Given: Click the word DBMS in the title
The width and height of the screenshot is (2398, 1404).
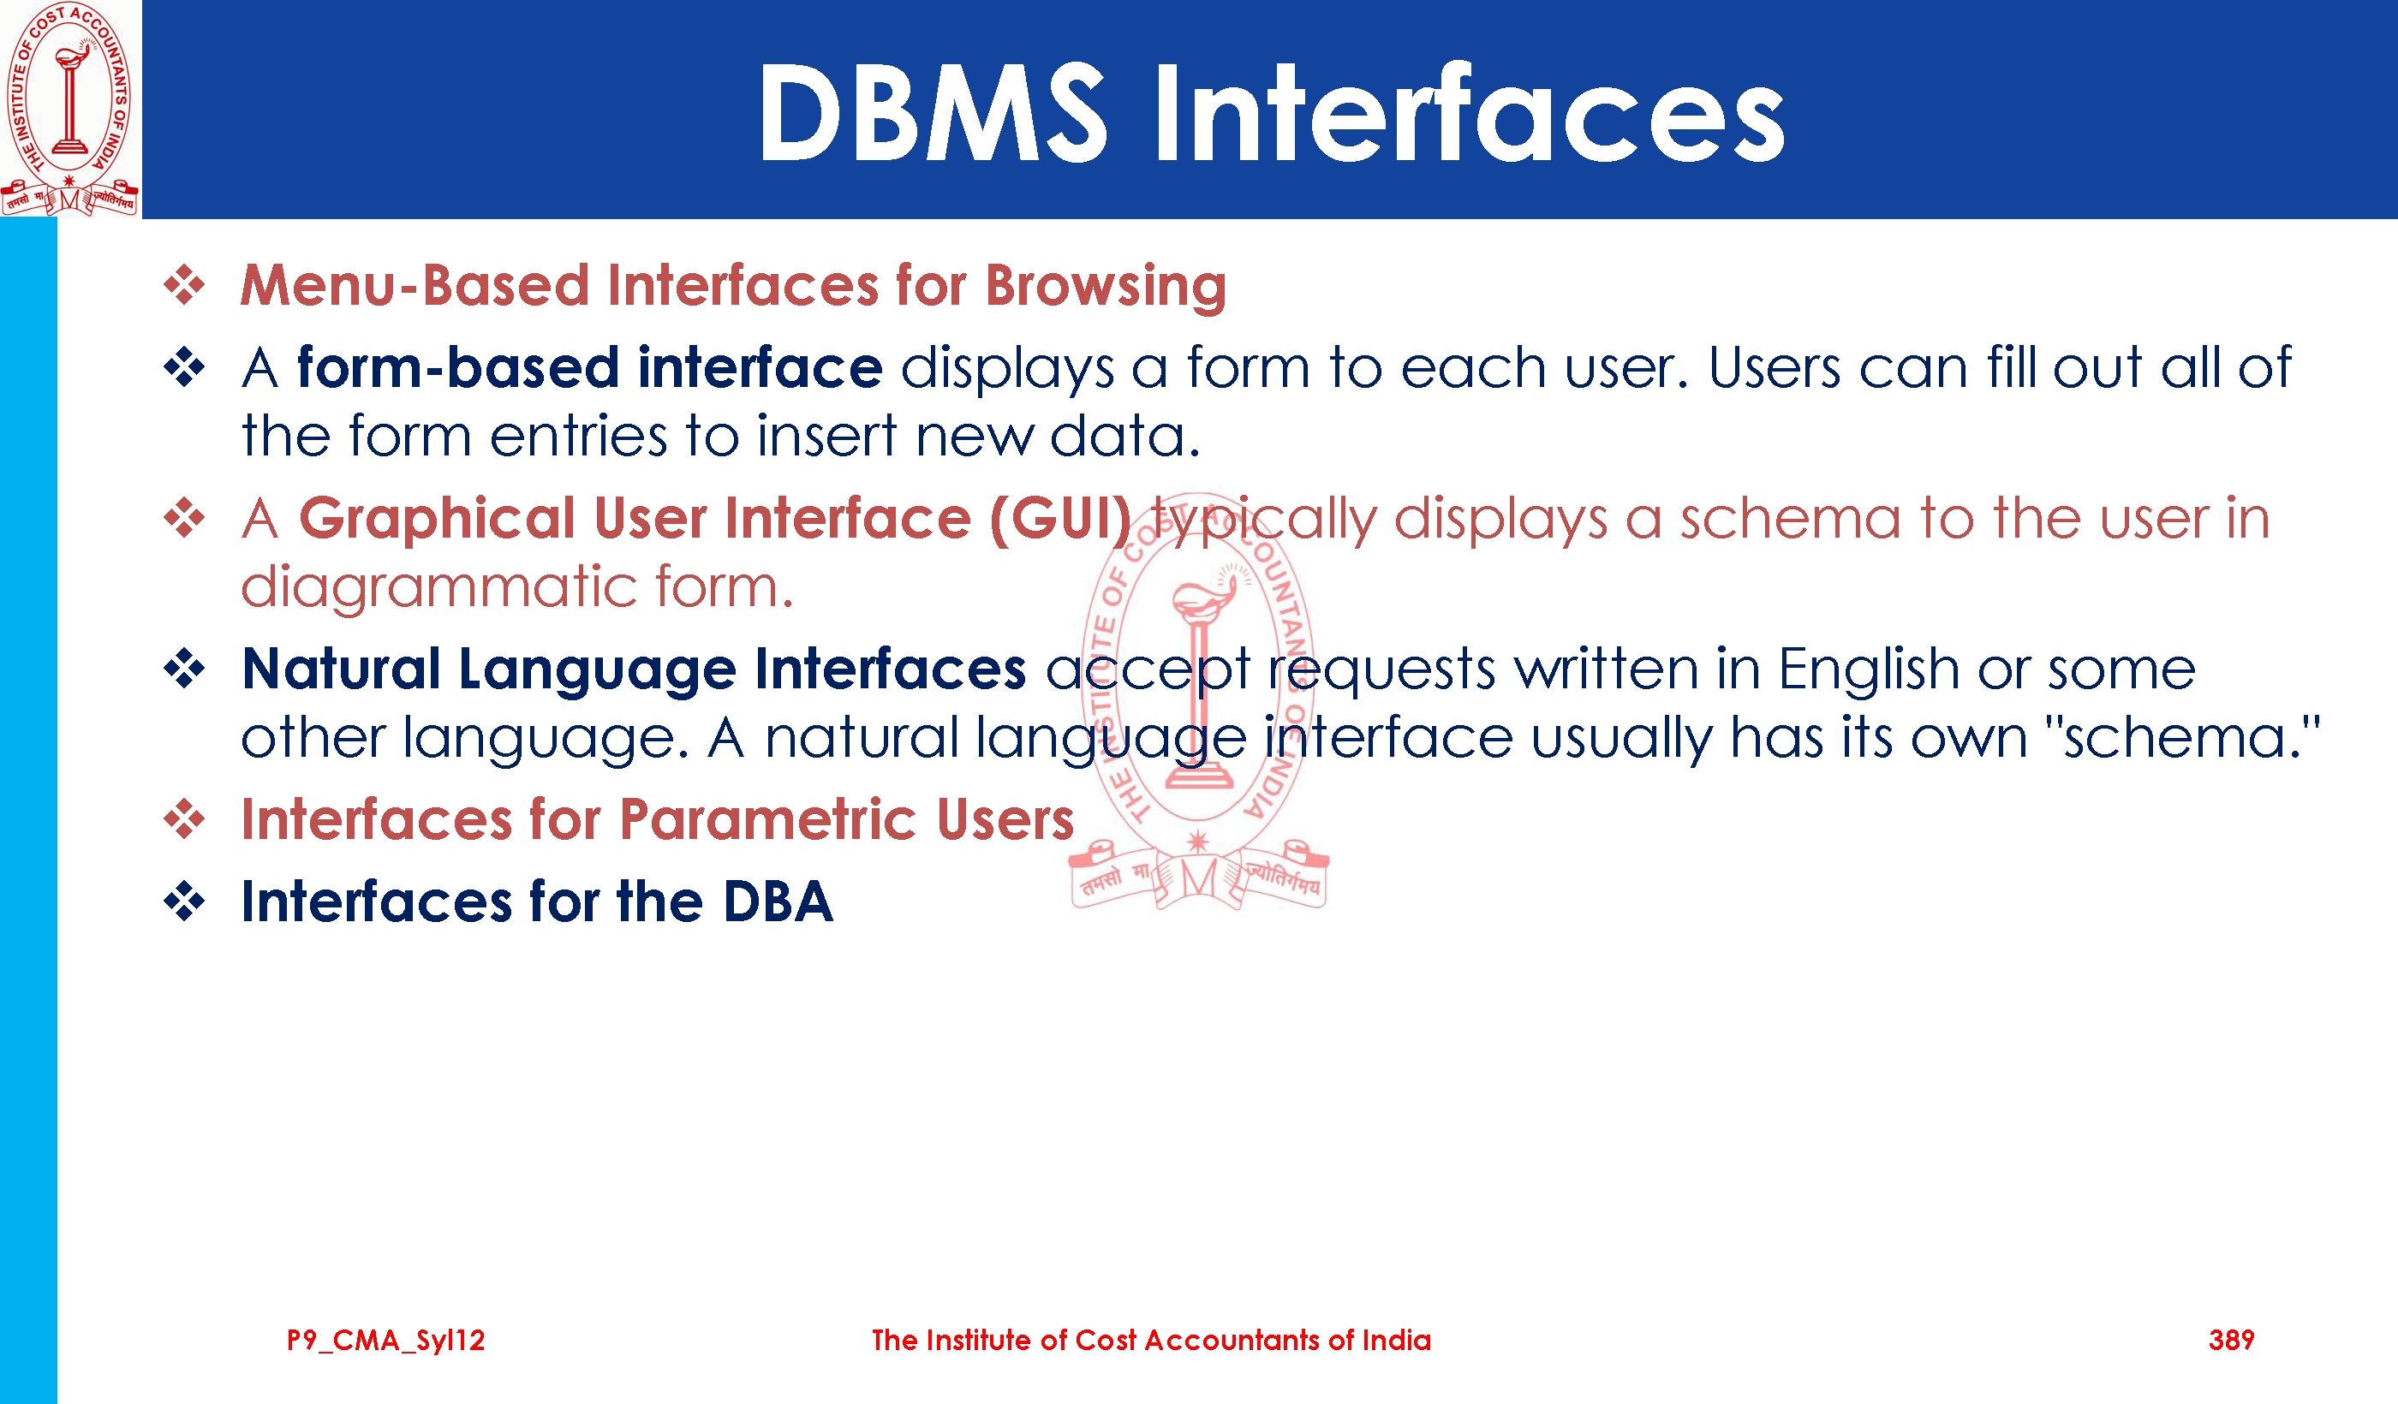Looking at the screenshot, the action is pos(933,114).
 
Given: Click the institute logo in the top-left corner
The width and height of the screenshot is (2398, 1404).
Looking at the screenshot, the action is pos(69,109).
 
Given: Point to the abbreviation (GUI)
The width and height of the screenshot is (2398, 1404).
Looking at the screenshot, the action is pos(1061,520).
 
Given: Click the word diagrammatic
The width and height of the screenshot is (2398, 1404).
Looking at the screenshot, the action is pos(438,588).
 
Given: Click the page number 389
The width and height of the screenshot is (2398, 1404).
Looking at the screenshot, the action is pos(2232,1341).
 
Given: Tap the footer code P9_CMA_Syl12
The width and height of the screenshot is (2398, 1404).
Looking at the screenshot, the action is pos(385,1342).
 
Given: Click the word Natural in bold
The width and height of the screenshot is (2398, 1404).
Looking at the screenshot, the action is pos(341,669).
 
